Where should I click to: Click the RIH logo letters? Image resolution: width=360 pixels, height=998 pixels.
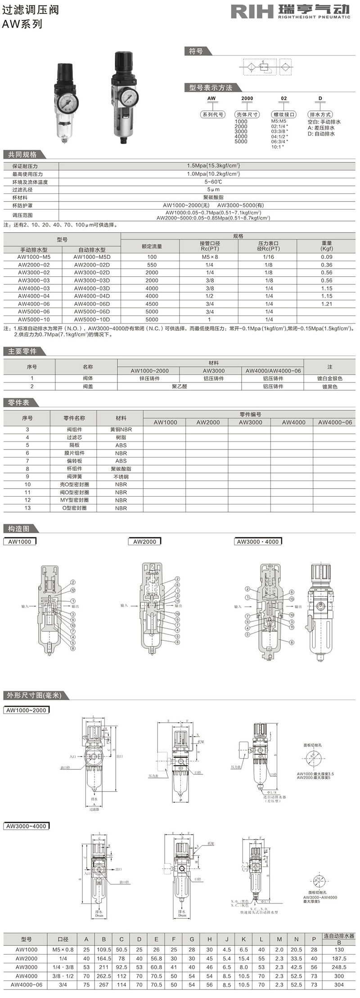252,12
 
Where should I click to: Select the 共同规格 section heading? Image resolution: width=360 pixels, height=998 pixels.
22,154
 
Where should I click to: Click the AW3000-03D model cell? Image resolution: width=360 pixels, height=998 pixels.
92,280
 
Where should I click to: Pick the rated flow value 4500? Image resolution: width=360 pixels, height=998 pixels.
152,304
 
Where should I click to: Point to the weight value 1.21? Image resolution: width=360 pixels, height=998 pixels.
327,304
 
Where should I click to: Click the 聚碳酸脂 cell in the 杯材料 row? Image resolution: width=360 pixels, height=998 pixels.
207,197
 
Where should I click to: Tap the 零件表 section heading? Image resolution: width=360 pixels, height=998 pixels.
18,402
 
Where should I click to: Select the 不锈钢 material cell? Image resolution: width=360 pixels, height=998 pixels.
121,477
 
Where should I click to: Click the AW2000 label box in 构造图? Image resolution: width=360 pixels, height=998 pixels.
144,541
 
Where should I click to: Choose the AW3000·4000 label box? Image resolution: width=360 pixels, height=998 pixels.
258,541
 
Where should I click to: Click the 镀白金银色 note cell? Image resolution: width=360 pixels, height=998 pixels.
329,378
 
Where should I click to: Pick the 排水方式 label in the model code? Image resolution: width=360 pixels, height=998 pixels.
320,114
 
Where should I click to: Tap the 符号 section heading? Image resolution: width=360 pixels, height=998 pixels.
196,51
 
